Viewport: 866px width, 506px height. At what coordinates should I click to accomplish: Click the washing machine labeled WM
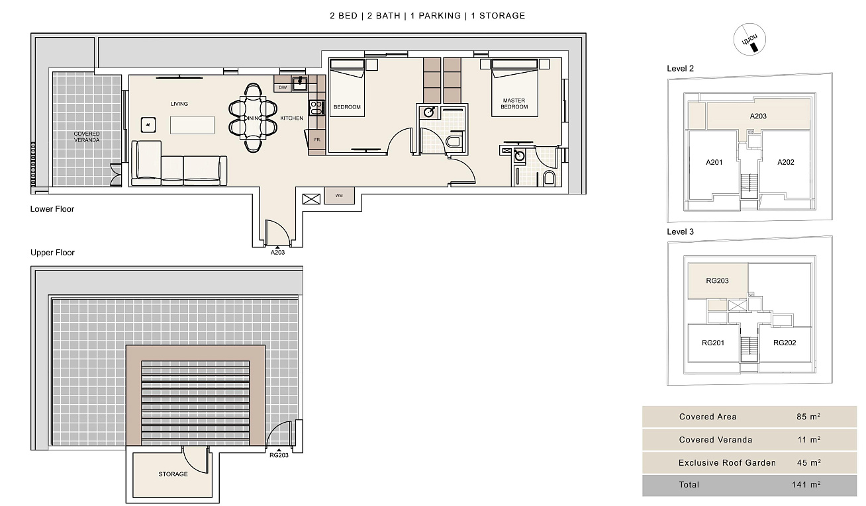339,195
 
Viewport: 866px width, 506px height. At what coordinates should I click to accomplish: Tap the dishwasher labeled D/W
283,87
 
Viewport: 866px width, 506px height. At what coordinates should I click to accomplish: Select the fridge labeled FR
316,140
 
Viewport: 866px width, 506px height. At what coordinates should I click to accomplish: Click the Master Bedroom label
514,104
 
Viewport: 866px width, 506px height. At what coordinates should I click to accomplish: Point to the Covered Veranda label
87,137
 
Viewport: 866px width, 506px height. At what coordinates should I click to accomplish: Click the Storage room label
173,474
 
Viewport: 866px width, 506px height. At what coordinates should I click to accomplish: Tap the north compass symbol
749,40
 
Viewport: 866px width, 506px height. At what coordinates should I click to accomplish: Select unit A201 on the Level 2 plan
714,162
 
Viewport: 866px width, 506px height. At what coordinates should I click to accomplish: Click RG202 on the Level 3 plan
785,343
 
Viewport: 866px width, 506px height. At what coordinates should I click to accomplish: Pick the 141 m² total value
806,484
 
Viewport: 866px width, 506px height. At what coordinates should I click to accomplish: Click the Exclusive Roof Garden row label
727,463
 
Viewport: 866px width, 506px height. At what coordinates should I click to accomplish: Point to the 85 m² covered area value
808,417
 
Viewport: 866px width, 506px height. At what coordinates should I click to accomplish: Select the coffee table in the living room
192,125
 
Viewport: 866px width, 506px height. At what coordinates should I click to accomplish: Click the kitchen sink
300,83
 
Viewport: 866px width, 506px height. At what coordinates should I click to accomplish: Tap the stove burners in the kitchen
316,108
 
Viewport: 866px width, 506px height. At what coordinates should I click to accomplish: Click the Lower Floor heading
52,209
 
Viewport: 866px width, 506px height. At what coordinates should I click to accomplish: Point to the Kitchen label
291,118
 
